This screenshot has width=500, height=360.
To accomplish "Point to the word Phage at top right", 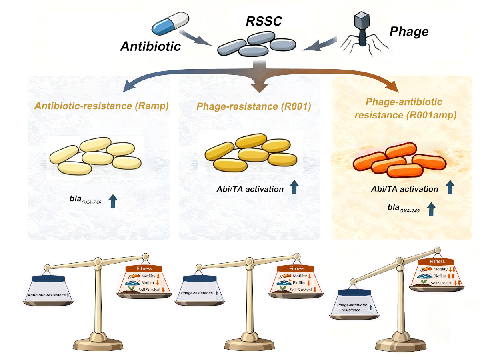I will [x=409, y=32].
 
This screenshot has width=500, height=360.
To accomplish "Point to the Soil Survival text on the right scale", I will [x=440, y=283].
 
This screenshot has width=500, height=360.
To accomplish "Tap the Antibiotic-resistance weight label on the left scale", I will [x=47, y=295].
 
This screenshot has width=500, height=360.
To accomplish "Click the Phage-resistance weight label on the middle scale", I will [x=197, y=293].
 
